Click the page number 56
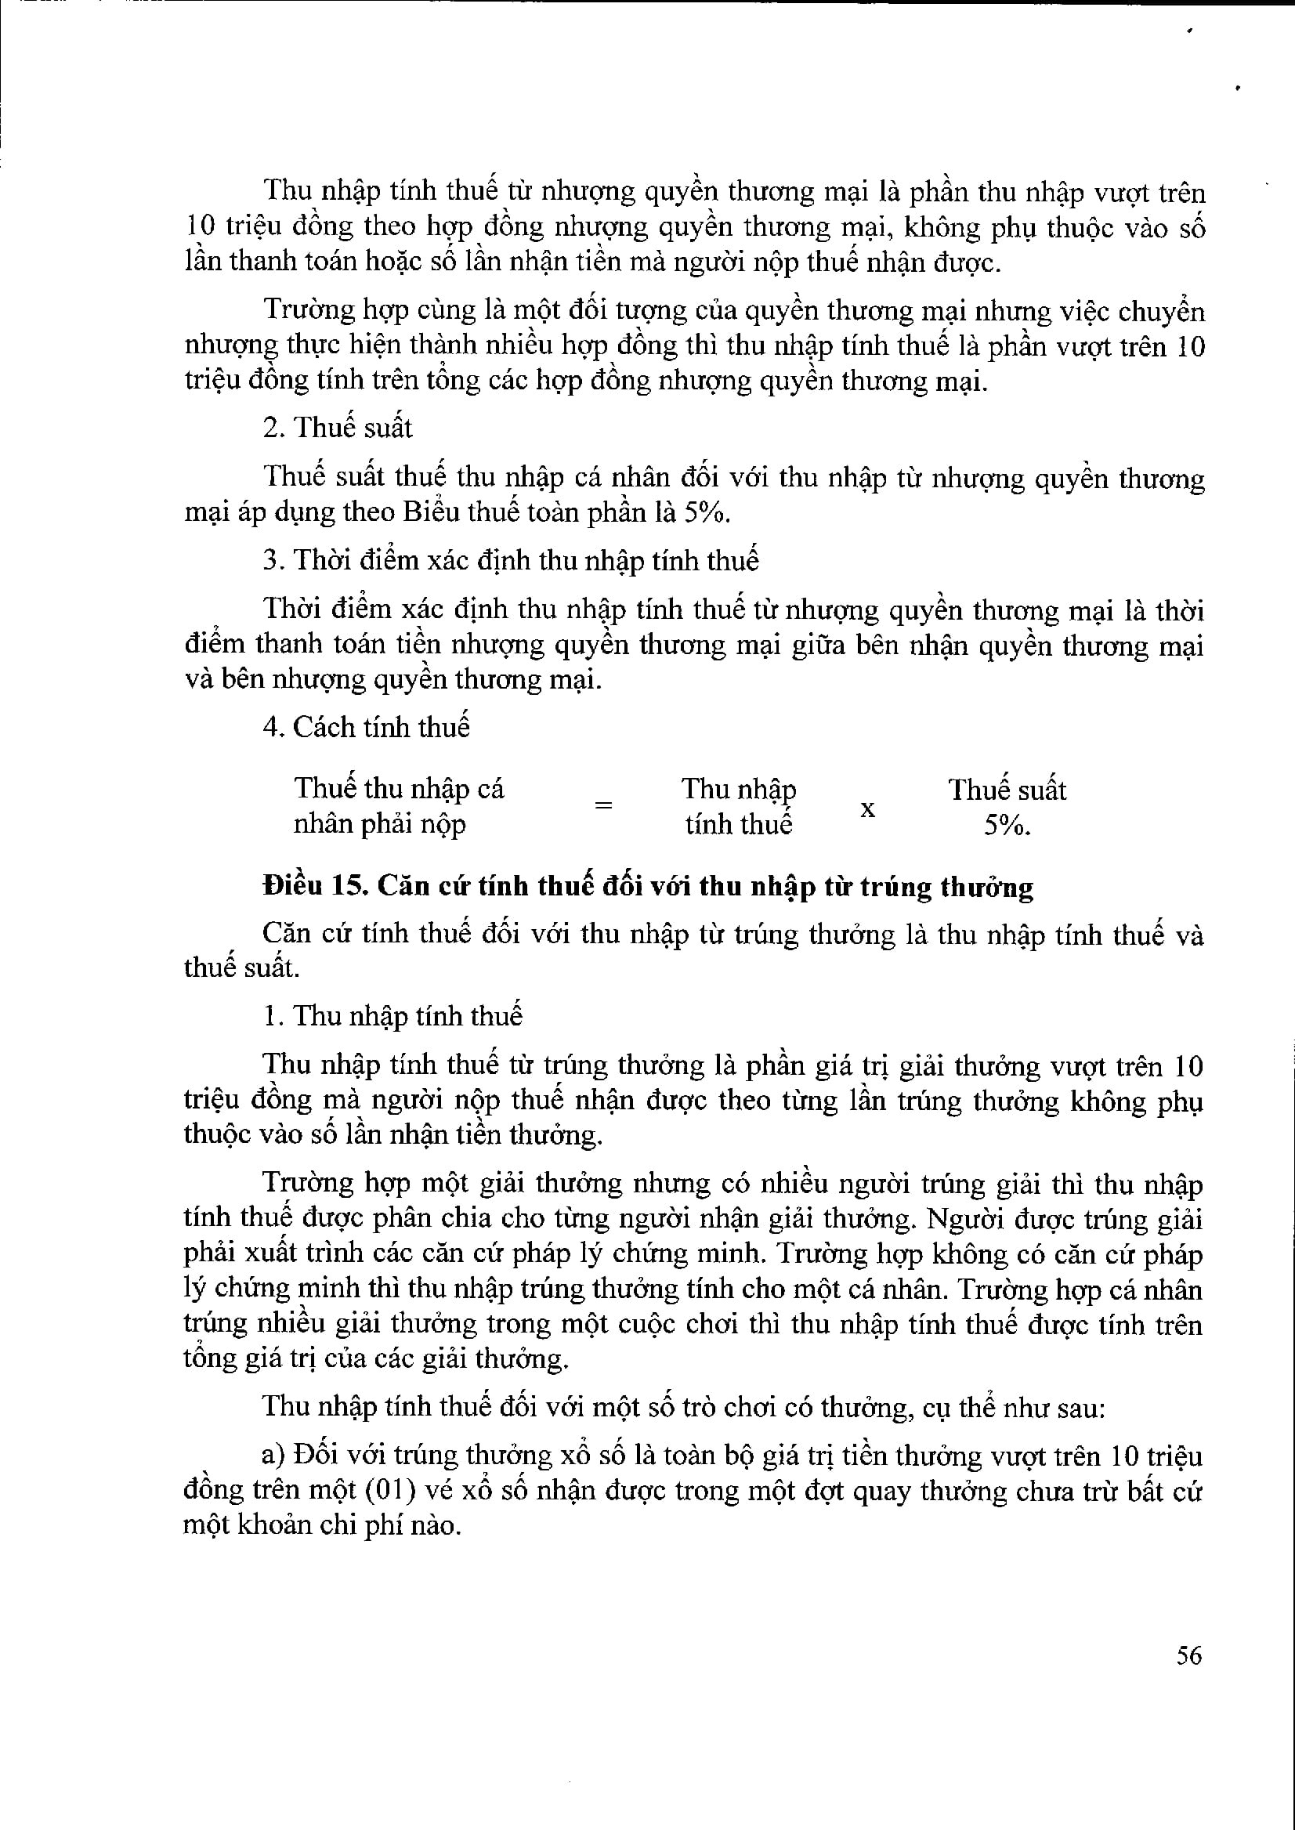[1188, 1656]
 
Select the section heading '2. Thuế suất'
[338, 429]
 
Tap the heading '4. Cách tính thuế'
[366, 727]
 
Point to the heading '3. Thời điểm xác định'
[510, 561]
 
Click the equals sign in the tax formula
[604, 805]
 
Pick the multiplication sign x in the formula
[867, 808]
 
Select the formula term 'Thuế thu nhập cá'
[399, 789]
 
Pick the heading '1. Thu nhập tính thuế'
[392, 1016]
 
